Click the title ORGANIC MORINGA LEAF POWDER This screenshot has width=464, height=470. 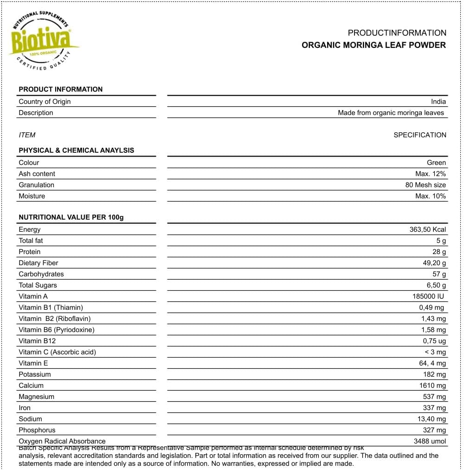[x=374, y=45]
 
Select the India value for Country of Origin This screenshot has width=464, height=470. [x=438, y=102]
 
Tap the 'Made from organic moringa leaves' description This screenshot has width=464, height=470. [x=391, y=113]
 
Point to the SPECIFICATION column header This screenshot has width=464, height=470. [x=419, y=135]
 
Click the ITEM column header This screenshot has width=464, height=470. [x=27, y=135]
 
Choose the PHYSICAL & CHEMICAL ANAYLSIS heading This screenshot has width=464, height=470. [x=76, y=150]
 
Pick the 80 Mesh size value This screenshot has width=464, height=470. [x=425, y=185]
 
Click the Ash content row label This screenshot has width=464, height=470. [x=37, y=174]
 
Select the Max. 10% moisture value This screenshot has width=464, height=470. [x=430, y=196]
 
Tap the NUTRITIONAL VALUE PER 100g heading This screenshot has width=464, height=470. [x=71, y=217]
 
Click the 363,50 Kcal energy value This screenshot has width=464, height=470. [x=427, y=229]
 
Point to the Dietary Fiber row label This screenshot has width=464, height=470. [x=39, y=263]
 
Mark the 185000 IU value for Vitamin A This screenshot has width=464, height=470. [x=428, y=296]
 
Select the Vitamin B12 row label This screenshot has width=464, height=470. [x=37, y=341]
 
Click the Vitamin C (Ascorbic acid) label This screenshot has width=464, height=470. [x=57, y=352]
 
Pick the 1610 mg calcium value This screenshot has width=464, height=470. [x=432, y=385]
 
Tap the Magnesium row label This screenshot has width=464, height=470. [x=36, y=397]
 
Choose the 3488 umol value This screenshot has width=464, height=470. [x=430, y=441]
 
